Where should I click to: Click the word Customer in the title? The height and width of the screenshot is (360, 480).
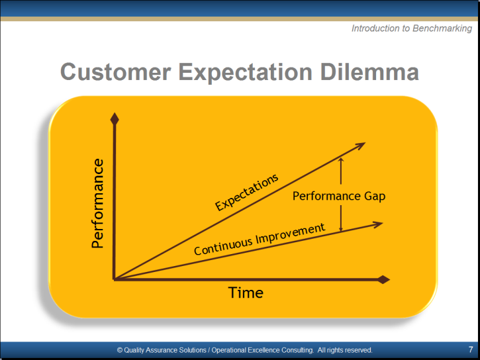pyautogui.click(x=116, y=72)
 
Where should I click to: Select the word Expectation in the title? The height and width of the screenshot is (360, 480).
pyautogui.click(x=245, y=73)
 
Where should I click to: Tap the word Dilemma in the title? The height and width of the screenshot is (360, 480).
pyautogui.click(x=369, y=72)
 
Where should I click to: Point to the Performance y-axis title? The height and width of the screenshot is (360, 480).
pyautogui.click(x=97, y=203)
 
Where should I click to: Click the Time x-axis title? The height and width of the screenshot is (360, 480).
pyautogui.click(x=246, y=292)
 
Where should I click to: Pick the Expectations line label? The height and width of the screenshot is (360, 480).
pyautogui.click(x=247, y=193)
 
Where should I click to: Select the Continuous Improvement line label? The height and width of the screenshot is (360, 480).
pyautogui.click(x=260, y=239)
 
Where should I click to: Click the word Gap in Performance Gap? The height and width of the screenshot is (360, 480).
pyautogui.click(x=375, y=197)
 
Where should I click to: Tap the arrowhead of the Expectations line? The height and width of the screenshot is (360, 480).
pyautogui.click(x=360, y=146)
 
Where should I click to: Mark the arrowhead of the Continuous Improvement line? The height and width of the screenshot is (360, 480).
pyautogui.click(x=377, y=224)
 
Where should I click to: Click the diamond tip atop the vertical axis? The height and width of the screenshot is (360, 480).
pyautogui.click(x=115, y=118)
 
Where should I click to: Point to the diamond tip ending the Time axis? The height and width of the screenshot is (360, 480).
pyautogui.click(x=384, y=279)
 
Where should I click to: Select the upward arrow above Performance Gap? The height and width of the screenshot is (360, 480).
pyautogui.click(x=341, y=171)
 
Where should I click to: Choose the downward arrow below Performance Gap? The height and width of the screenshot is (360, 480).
pyautogui.click(x=341, y=218)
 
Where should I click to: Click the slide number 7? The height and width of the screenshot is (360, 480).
pyautogui.click(x=471, y=349)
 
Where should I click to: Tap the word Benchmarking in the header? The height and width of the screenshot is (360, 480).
pyautogui.click(x=442, y=28)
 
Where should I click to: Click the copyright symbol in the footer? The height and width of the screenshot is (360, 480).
pyautogui.click(x=120, y=350)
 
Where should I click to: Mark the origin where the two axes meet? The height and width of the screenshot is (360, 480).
pyautogui.click(x=114, y=279)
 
